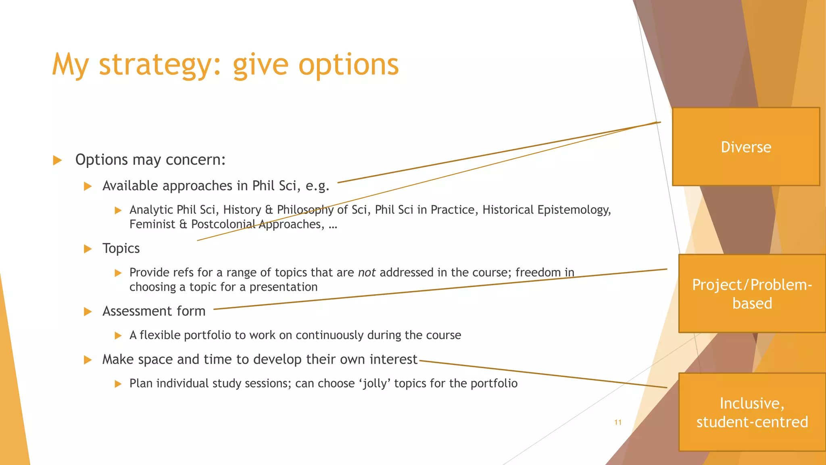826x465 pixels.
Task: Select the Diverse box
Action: (746, 147)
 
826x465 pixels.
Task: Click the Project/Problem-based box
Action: (752, 293)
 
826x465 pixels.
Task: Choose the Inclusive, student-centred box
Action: (752, 412)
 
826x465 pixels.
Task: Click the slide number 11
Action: (618, 423)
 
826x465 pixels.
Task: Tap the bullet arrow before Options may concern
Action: (57, 160)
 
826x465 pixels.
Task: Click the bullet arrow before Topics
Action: (88, 249)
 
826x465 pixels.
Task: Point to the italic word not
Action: (367, 272)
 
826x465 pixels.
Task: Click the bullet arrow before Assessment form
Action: (88, 312)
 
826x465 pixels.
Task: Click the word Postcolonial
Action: (223, 224)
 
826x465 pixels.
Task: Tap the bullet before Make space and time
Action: (88, 360)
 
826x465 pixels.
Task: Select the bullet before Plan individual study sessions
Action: (118, 383)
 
